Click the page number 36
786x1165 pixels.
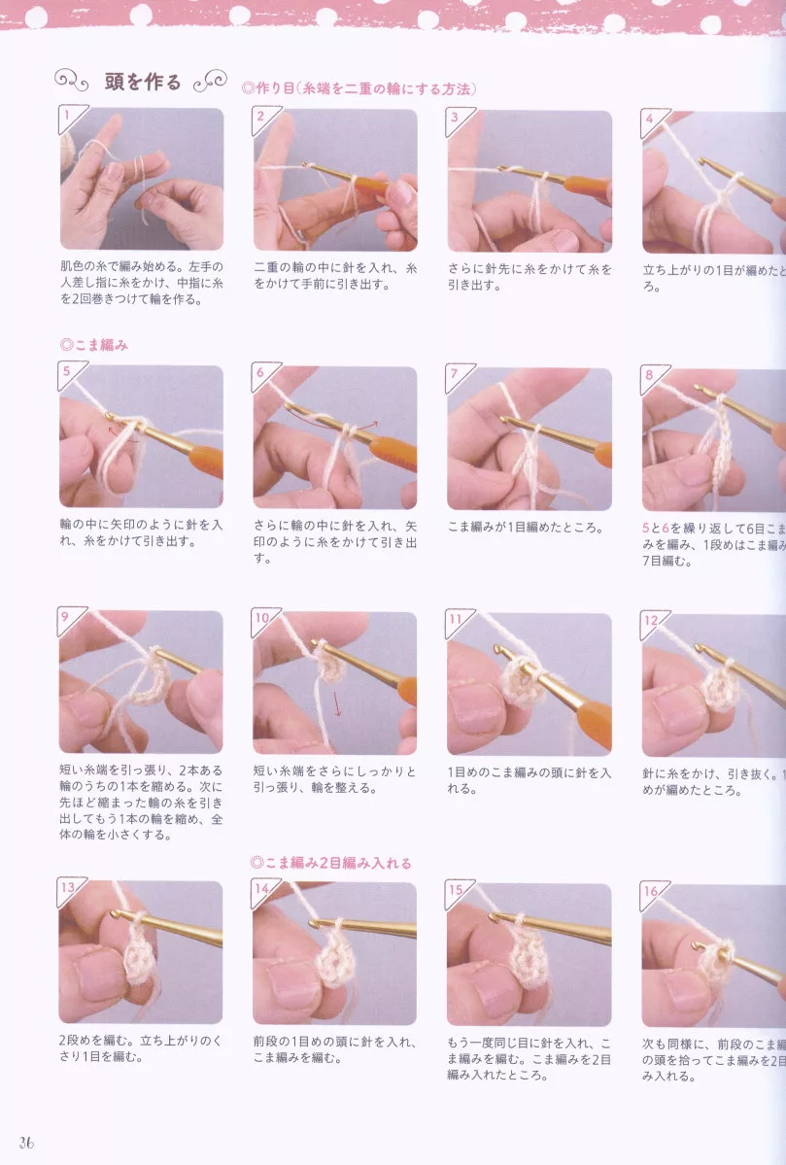pyautogui.click(x=25, y=1142)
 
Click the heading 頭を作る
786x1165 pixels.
pyautogui.click(x=142, y=82)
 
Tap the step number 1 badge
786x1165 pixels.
pyautogui.click(x=68, y=119)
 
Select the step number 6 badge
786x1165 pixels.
pyautogui.click(x=261, y=374)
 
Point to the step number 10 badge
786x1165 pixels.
pyautogui.click(x=262, y=619)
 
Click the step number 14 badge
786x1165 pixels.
pyautogui.click(x=262, y=888)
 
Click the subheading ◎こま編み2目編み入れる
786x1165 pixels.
pyautogui.click(x=330, y=862)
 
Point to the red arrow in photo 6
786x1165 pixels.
pyautogui.click(x=366, y=425)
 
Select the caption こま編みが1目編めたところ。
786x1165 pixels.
pyautogui.click(x=526, y=528)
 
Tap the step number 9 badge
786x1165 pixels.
pyautogui.click(x=68, y=619)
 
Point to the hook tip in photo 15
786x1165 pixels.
pyautogui.click(x=495, y=917)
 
